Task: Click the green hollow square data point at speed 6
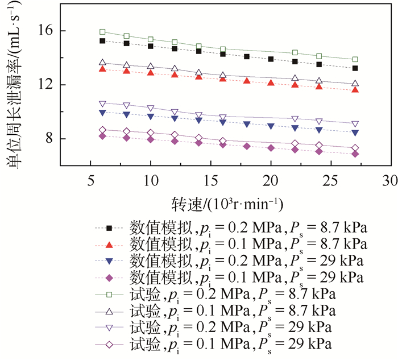click(x=102, y=32)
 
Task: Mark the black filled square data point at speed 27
click(x=355, y=68)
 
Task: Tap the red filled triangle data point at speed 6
click(x=102, y=69)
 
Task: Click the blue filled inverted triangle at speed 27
click(x=355, y=133)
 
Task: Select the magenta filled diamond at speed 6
click(x=102, y=136)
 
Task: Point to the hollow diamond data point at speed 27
click(x=355, y=148)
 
